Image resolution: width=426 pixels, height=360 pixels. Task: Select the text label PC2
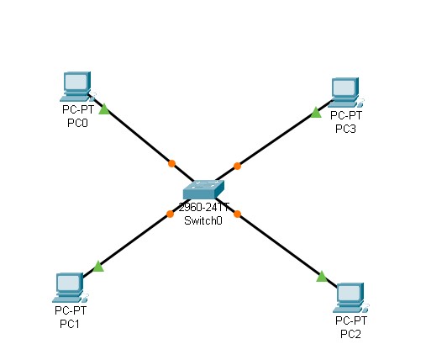351,334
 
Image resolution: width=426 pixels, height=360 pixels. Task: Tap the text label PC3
345,128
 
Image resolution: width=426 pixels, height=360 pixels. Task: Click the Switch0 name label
203,221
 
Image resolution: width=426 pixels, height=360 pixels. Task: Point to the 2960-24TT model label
203,209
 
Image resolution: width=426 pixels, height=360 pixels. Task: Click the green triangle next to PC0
103,109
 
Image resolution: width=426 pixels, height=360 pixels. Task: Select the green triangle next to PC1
98,267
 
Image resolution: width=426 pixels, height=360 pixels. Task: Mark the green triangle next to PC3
315,112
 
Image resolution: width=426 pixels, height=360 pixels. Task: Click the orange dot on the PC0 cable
171,163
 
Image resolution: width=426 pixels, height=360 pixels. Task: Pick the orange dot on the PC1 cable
170,214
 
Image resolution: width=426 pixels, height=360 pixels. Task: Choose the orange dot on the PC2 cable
237,214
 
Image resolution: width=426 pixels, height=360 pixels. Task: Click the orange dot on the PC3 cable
237,166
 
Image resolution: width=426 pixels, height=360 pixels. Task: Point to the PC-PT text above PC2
351,321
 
